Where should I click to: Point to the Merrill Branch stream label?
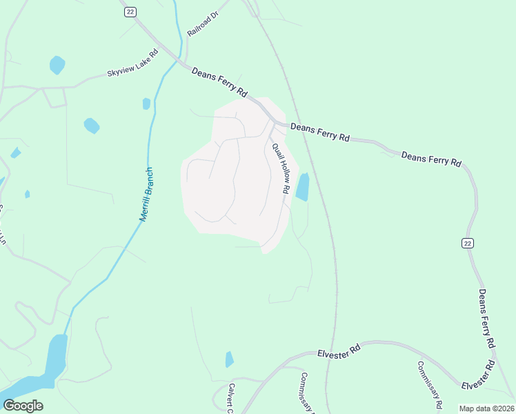tap(146, 195)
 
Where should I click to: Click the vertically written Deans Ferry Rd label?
tap(486, 318)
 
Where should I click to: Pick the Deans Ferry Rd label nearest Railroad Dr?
tap(219, 81)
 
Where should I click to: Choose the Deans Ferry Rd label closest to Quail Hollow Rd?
tap(319, 132)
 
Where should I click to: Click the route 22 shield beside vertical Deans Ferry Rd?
tap(467, 243)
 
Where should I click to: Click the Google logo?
tap(23, 405)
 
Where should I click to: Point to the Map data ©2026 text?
tap(486, 408)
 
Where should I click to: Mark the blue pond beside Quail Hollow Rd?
tap(302, 186)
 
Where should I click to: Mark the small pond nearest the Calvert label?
tap(229, 359)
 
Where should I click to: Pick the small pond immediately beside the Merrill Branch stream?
tap(146, 103)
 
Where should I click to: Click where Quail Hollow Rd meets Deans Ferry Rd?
tap(275, 124)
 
